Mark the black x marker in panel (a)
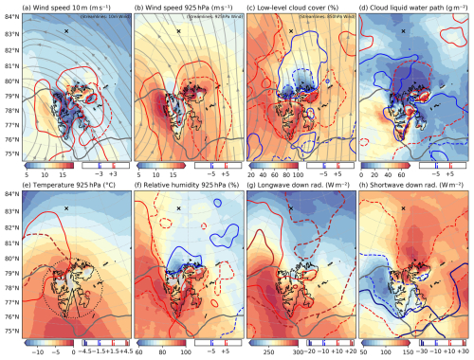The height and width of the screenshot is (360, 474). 66,32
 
